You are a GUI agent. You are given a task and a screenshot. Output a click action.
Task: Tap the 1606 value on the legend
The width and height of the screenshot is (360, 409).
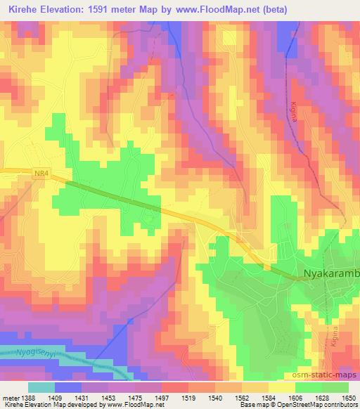click(x=294, y=398)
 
